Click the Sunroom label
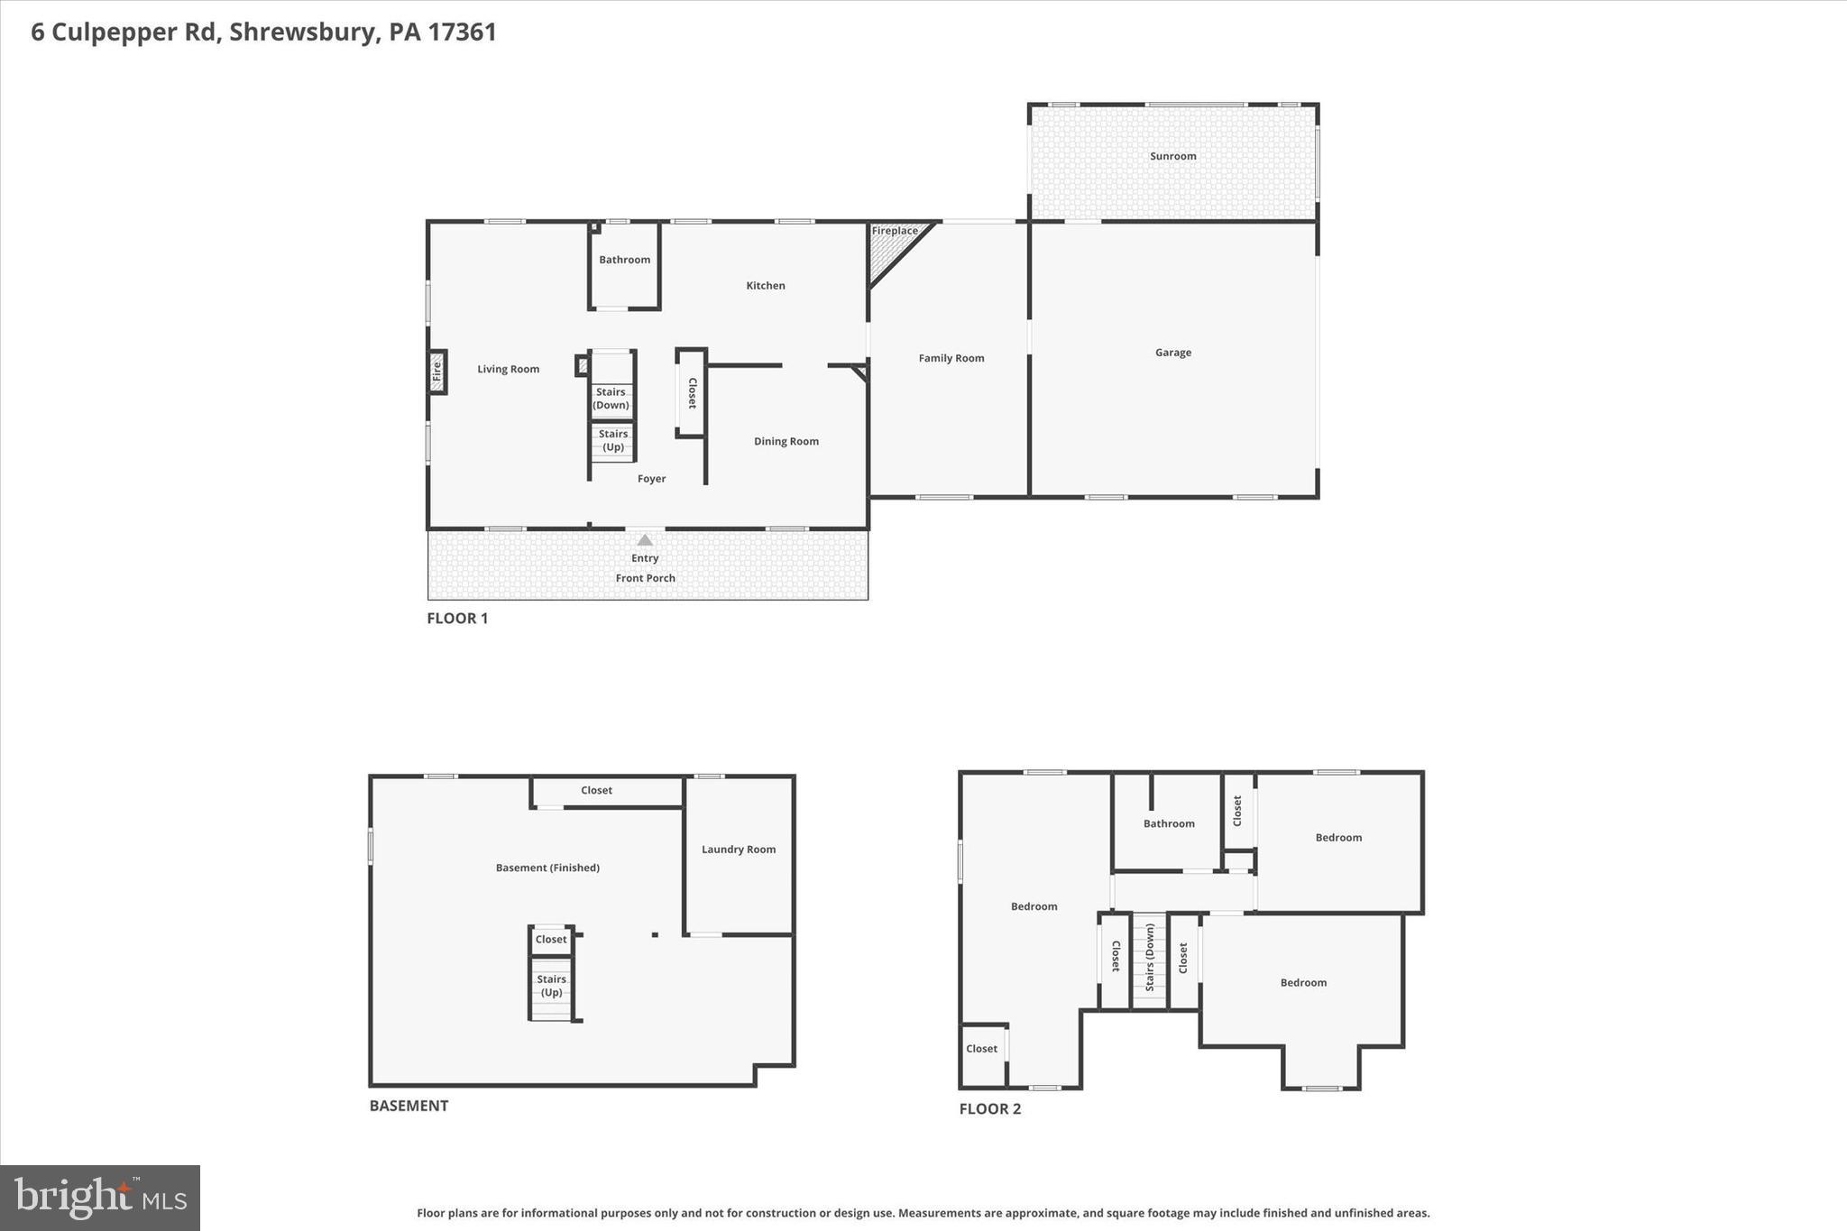(1172, 156)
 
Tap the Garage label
(1172, 353)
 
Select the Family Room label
(951, 358)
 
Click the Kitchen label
(765, 286)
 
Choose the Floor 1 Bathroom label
(624, 260)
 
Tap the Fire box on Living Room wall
(436, 371)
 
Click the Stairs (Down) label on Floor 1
(611, 399)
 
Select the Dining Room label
(786, 441)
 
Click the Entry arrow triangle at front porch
(644, 540)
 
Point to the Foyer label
(651, 479)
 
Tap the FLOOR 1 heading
(457, 618)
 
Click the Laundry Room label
(738, 850)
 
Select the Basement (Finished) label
(547, 868)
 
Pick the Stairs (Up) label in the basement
(551, 986)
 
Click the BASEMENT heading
(409, 1106)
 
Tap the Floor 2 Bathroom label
(1168, 823)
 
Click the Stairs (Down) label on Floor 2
(1150, 958)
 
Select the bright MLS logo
(100, 1198)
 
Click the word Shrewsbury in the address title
(302, 32)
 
